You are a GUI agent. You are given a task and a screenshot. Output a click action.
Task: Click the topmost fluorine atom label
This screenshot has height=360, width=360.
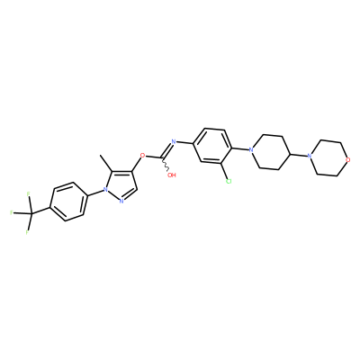[x=29, y=194]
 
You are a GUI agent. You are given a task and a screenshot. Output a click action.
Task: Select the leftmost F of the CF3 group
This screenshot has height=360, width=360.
[x=12, y=213]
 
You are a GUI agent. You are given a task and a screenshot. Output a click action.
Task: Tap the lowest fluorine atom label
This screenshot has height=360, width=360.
[x=27, y=232]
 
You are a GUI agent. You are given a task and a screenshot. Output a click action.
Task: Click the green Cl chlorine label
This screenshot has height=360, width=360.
[x=229, y=181]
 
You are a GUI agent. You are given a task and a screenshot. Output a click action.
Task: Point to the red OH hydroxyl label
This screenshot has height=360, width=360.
[x=172, y=175]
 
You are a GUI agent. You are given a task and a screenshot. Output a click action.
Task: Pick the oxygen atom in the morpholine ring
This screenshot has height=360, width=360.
[x=347, y=160]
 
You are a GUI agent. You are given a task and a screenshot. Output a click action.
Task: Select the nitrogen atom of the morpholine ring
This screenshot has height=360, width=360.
[x=310, y=156]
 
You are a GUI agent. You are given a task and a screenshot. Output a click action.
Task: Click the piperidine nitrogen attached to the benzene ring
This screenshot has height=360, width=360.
[x=251, y=149]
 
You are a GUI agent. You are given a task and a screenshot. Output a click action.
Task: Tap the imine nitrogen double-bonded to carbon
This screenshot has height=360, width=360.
[x=173, y=141]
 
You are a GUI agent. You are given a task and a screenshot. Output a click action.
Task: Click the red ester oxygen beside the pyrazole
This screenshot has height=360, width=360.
[x=142, y=156]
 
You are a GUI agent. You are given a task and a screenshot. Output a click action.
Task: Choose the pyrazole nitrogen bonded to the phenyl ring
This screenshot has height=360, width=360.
[x=105, y=189]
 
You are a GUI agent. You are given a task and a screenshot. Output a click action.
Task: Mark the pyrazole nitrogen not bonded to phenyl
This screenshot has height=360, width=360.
[x=121, y=201]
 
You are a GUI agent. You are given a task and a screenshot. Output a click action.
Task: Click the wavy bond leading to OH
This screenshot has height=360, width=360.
[x=166, y=165]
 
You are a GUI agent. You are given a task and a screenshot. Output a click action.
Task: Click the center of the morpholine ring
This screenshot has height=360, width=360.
[x=328, y=157]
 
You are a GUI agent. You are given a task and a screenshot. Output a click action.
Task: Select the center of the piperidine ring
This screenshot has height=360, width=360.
[x=271, y=153]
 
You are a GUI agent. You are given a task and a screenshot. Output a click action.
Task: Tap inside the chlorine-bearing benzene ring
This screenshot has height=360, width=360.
[x=212, y=147]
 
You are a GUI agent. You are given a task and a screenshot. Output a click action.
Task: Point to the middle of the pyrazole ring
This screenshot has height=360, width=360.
[x=121, y=186]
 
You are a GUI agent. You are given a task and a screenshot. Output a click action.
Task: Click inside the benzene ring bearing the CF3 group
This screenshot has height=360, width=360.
[x=67, y=202]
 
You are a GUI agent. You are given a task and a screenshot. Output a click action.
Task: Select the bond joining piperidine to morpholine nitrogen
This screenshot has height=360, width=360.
[x=299, y=155]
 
